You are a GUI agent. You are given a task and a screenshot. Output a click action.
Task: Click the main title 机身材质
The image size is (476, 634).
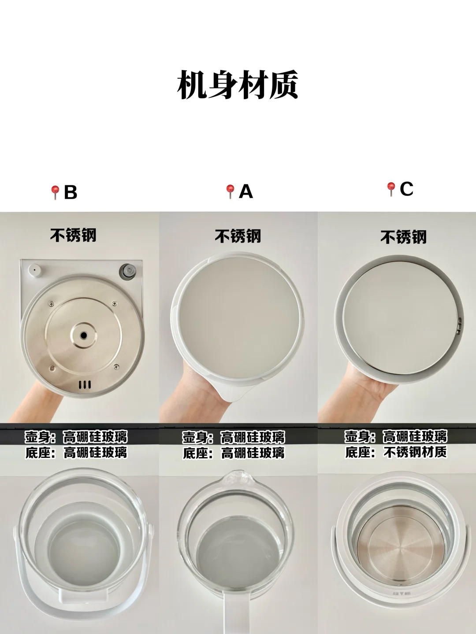238,85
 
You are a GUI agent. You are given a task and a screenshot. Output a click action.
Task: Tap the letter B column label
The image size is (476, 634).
71,192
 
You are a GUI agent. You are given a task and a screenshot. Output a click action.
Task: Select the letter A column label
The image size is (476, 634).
246,192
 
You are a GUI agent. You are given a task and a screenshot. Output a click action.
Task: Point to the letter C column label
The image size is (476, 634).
407,189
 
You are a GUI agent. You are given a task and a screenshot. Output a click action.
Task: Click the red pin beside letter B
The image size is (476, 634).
55,192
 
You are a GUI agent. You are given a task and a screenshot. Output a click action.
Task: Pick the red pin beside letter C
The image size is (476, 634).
391,189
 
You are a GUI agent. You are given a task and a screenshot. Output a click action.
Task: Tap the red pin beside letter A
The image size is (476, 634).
230,192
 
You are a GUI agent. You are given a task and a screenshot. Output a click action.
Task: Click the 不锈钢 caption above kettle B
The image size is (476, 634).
74,235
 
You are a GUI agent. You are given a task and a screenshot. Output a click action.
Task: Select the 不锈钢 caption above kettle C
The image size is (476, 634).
403,237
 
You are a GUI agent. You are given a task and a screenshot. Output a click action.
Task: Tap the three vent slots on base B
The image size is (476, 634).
85,385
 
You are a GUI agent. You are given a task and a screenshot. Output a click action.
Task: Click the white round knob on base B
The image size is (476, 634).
34,270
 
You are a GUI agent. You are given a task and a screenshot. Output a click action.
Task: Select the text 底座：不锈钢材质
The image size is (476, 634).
396,452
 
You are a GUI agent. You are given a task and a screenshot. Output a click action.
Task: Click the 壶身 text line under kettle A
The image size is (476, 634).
234,437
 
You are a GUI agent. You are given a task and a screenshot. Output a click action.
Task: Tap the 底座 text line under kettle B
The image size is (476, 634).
76,452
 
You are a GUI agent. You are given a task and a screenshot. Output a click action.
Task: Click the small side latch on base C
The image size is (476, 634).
460,325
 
